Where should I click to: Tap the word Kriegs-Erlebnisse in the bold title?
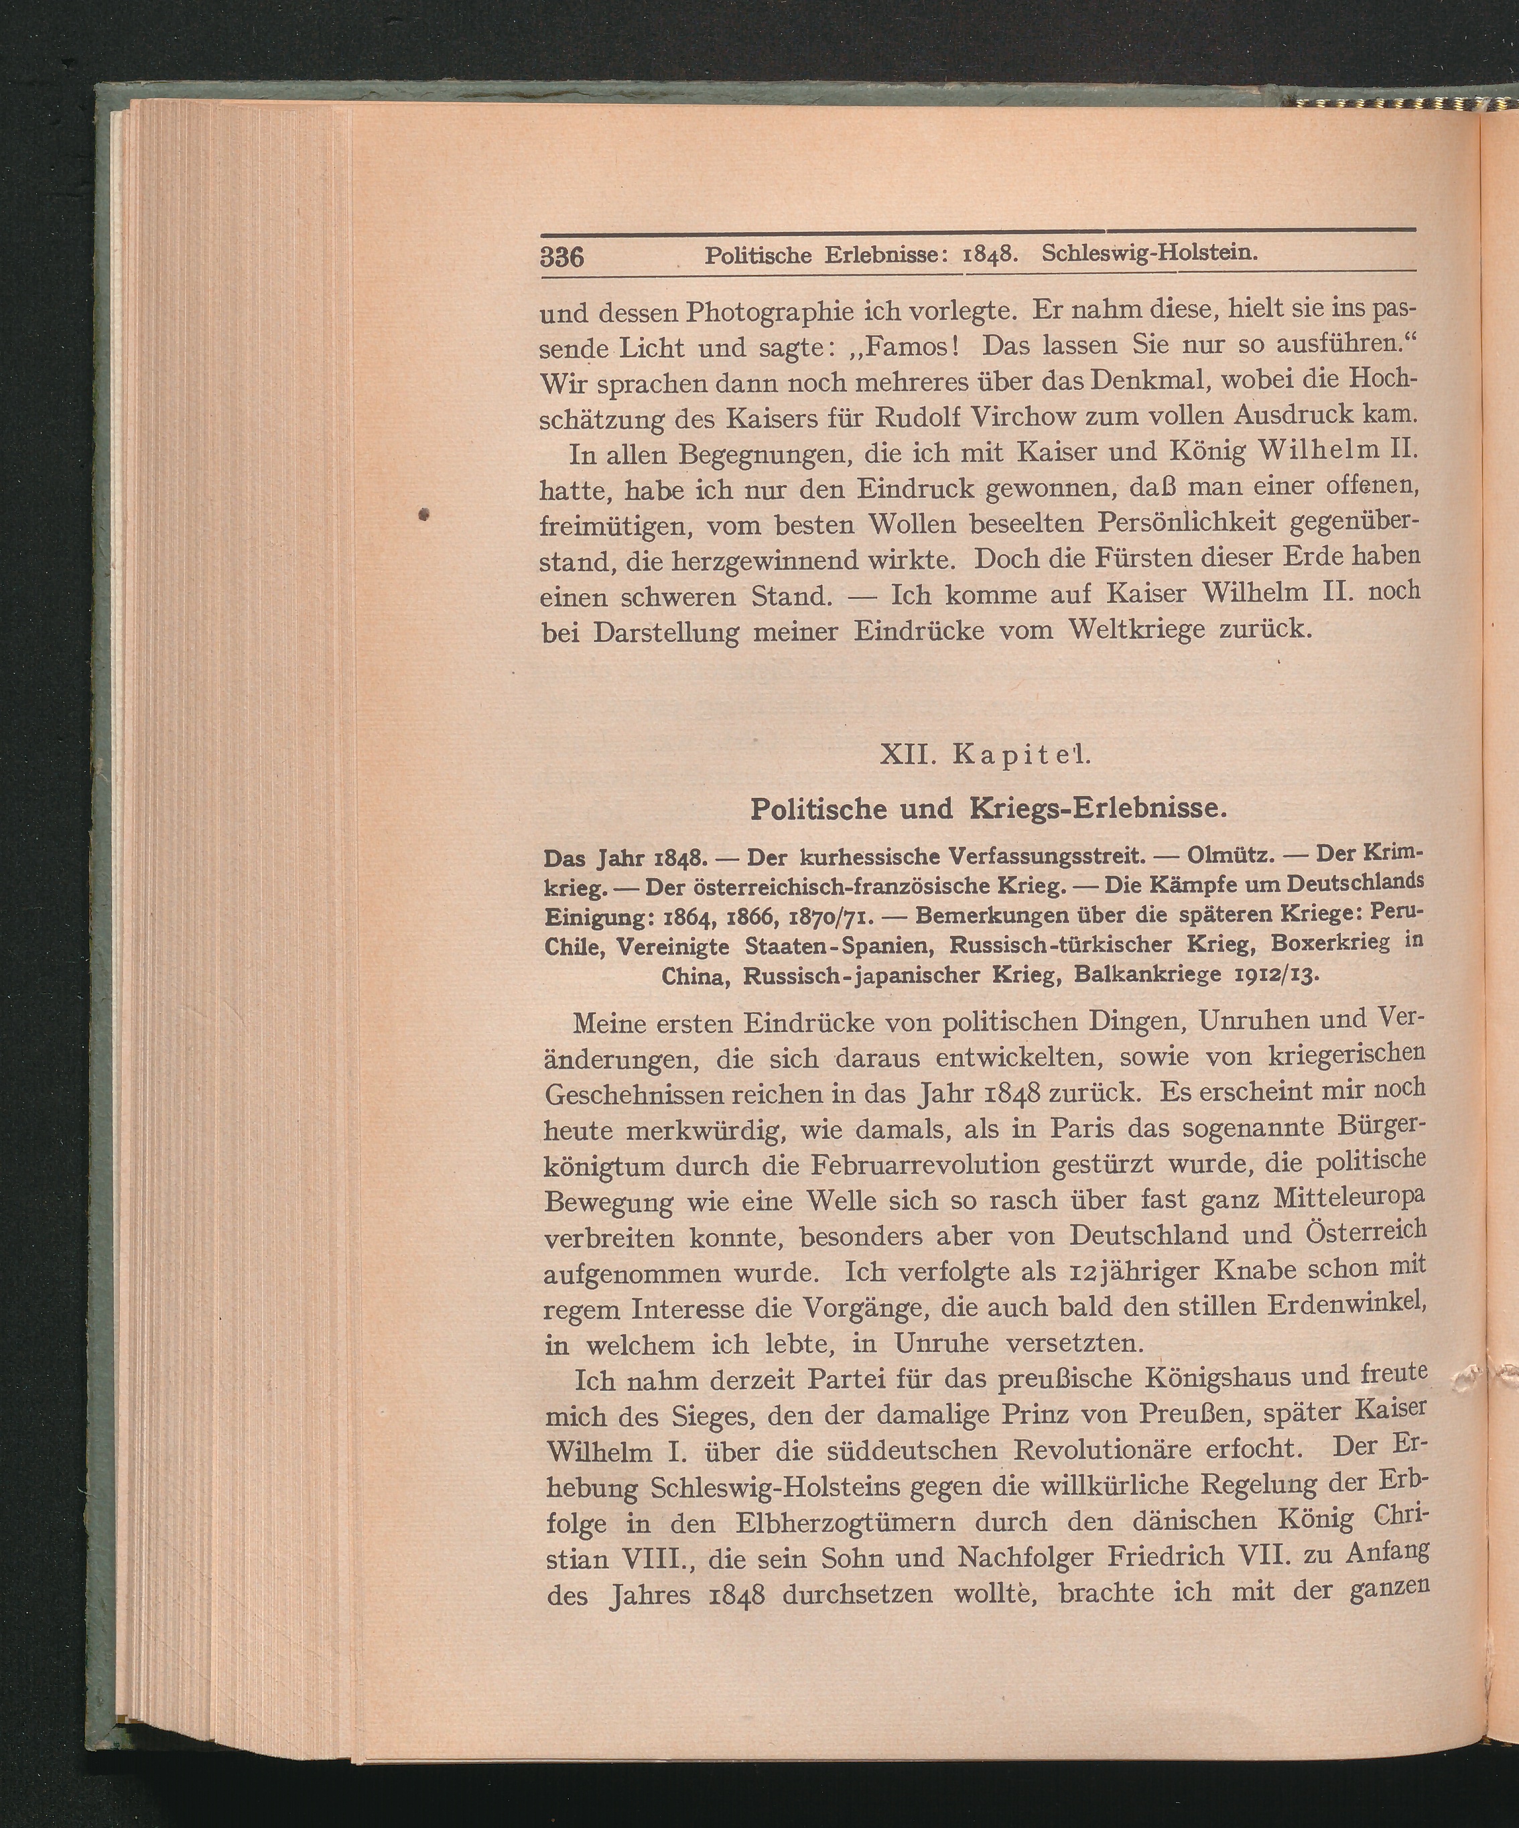coord(1097,809)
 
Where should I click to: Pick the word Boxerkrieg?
coord(1318,943)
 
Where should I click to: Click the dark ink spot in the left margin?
coord(425,515)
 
